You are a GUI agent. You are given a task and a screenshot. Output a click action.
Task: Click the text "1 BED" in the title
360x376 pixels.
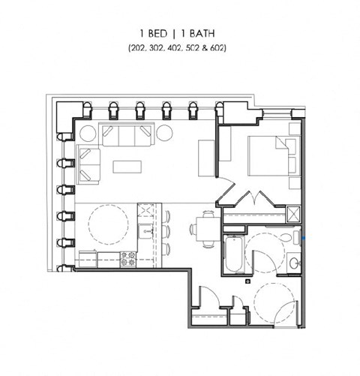[154, 35]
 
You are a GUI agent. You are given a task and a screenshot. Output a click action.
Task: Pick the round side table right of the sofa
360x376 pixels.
[163, 135]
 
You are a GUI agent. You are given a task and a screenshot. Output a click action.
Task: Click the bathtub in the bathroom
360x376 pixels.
[233, 256]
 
